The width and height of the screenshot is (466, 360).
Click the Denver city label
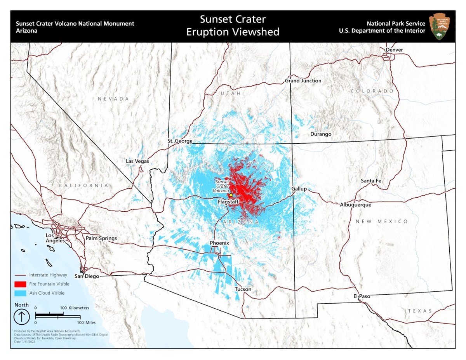coord(394,50)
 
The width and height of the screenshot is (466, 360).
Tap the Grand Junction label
coord(303,81)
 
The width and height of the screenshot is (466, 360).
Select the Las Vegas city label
coord(137,161)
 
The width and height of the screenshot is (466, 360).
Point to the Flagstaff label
coord(228,202)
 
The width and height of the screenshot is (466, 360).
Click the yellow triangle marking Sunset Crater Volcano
coord(230,195)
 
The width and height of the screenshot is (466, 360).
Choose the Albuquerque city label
coord(355,205)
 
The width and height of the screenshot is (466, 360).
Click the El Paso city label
coord(362,296)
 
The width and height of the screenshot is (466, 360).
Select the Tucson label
coord(243,289)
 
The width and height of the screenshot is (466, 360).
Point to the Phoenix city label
coord(219,243)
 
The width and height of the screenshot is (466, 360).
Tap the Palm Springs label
coord(101,238)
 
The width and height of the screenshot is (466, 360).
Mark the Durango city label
coord(321,134)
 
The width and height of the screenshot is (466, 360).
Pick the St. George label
coord(180,141)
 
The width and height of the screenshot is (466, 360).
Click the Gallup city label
coord(299,189)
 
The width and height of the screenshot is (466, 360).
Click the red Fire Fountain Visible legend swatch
coord(22,284)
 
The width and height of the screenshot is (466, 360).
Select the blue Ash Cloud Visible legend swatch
coord(22,293)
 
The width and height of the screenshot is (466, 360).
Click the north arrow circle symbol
coord(22,317)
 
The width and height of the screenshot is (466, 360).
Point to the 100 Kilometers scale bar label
coord(75,308)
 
